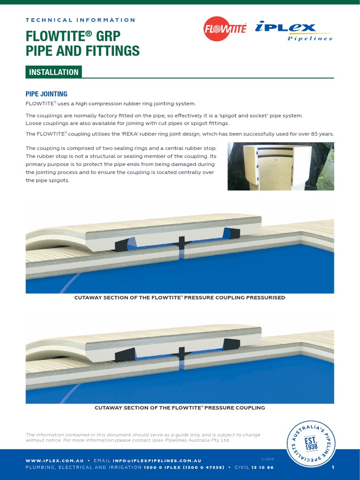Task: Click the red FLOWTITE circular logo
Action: point(225,29)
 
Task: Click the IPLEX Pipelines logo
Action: point(294,31)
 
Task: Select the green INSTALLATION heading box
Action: point(54,72)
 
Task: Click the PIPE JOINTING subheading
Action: point(46,94)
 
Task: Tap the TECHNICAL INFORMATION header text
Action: point(80,20)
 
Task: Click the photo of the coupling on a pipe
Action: point(280,166)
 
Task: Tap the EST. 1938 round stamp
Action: point(311,444)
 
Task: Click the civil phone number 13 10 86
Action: point(262,467)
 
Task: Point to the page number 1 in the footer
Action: point(333,467)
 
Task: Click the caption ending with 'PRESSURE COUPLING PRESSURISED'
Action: point(180,298)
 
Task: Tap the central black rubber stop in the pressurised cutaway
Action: point(180,243)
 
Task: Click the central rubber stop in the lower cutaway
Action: point(180,352)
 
